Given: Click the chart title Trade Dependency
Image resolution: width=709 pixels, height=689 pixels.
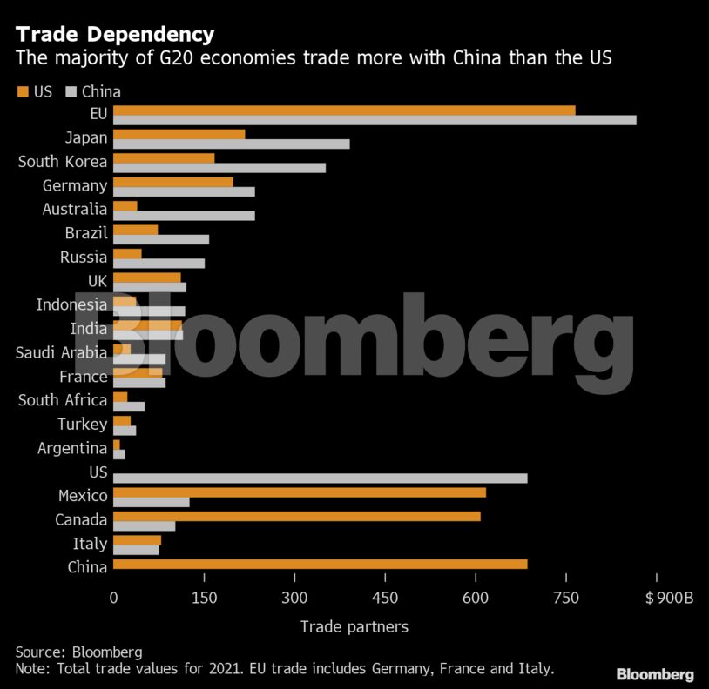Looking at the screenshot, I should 114,35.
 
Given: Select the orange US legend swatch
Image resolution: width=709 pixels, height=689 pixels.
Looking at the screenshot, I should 21,91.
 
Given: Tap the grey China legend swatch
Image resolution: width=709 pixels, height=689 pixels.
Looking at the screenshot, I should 71,91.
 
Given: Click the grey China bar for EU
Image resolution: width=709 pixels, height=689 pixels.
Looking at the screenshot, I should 375,120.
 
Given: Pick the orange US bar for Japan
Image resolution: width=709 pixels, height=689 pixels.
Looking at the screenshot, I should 179,134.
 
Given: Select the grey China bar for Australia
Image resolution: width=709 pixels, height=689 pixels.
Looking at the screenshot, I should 184,215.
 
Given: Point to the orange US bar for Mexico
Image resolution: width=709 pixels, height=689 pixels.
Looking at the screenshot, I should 299,492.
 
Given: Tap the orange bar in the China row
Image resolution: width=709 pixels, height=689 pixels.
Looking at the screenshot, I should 320,564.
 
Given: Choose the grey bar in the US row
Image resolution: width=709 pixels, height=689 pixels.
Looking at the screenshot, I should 320,478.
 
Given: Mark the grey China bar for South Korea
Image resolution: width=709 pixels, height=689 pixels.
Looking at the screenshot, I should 219,168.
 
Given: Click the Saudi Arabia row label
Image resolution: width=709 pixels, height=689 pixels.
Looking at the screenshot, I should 61,352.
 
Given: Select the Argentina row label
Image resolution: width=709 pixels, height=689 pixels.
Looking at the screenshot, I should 72,448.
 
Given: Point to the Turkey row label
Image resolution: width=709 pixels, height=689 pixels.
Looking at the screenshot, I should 82,425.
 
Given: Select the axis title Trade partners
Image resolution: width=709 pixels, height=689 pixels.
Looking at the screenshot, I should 354,626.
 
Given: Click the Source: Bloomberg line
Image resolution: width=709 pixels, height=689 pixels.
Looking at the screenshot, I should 78,652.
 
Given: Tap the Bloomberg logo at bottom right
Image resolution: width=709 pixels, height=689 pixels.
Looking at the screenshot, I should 654,674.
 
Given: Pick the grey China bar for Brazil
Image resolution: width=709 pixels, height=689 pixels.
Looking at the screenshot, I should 160,239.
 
